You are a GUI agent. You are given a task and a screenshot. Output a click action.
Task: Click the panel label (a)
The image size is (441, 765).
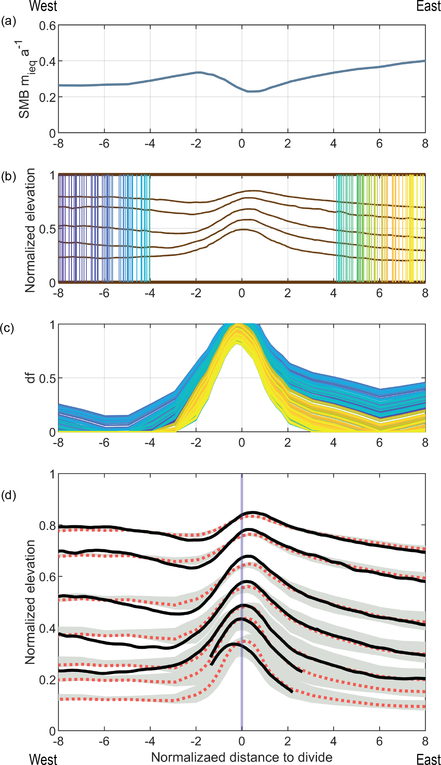(x=8, y=21)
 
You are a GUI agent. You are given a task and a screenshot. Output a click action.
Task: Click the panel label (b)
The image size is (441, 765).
(x=8, y=176)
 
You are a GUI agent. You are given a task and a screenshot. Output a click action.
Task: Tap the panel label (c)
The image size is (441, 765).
(x=7, y=328)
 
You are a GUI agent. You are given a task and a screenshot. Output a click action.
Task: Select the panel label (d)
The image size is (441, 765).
(x=8, y=495)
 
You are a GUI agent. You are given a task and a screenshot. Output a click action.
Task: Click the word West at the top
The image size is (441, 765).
(x=43, y=6)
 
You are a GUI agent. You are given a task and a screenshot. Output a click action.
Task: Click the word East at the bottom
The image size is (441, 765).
(x=428, y=759)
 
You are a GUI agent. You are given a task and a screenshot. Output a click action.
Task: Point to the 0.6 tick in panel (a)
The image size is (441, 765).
(x=48, y=26)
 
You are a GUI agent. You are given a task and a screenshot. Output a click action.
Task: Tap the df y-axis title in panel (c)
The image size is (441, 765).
(x=30, y=378)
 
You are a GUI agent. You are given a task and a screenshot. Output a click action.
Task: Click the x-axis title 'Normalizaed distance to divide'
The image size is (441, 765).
(x=242, y=757)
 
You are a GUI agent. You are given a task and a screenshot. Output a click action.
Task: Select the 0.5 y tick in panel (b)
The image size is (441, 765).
(x=48, y=229)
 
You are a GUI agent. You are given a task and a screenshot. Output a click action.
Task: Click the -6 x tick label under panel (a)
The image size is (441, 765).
(x=104, y=144)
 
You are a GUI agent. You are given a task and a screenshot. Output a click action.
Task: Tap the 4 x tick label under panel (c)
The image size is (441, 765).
(x=333, y=443)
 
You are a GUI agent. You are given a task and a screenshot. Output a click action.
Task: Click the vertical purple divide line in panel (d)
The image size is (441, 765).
(x=242, y=606)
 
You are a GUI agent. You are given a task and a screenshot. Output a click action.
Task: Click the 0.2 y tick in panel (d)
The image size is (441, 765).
(x=48, y=680)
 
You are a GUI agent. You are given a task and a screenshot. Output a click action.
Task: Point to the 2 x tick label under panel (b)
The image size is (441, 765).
(x=287, y=293)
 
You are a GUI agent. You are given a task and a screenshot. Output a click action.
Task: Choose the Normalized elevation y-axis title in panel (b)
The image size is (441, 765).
(x=30, y=230)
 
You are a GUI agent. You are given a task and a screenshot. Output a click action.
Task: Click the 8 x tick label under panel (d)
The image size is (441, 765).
(x=425, y=741)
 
